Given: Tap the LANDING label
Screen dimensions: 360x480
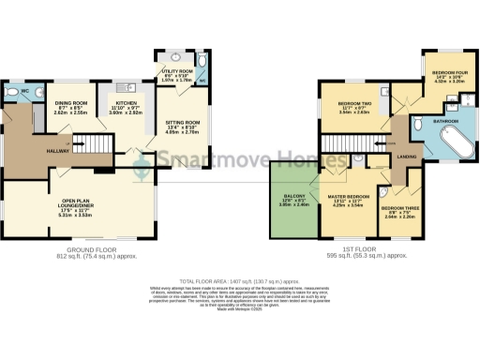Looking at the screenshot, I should (407, 157).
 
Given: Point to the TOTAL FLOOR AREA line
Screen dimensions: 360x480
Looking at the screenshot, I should (240, 280).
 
